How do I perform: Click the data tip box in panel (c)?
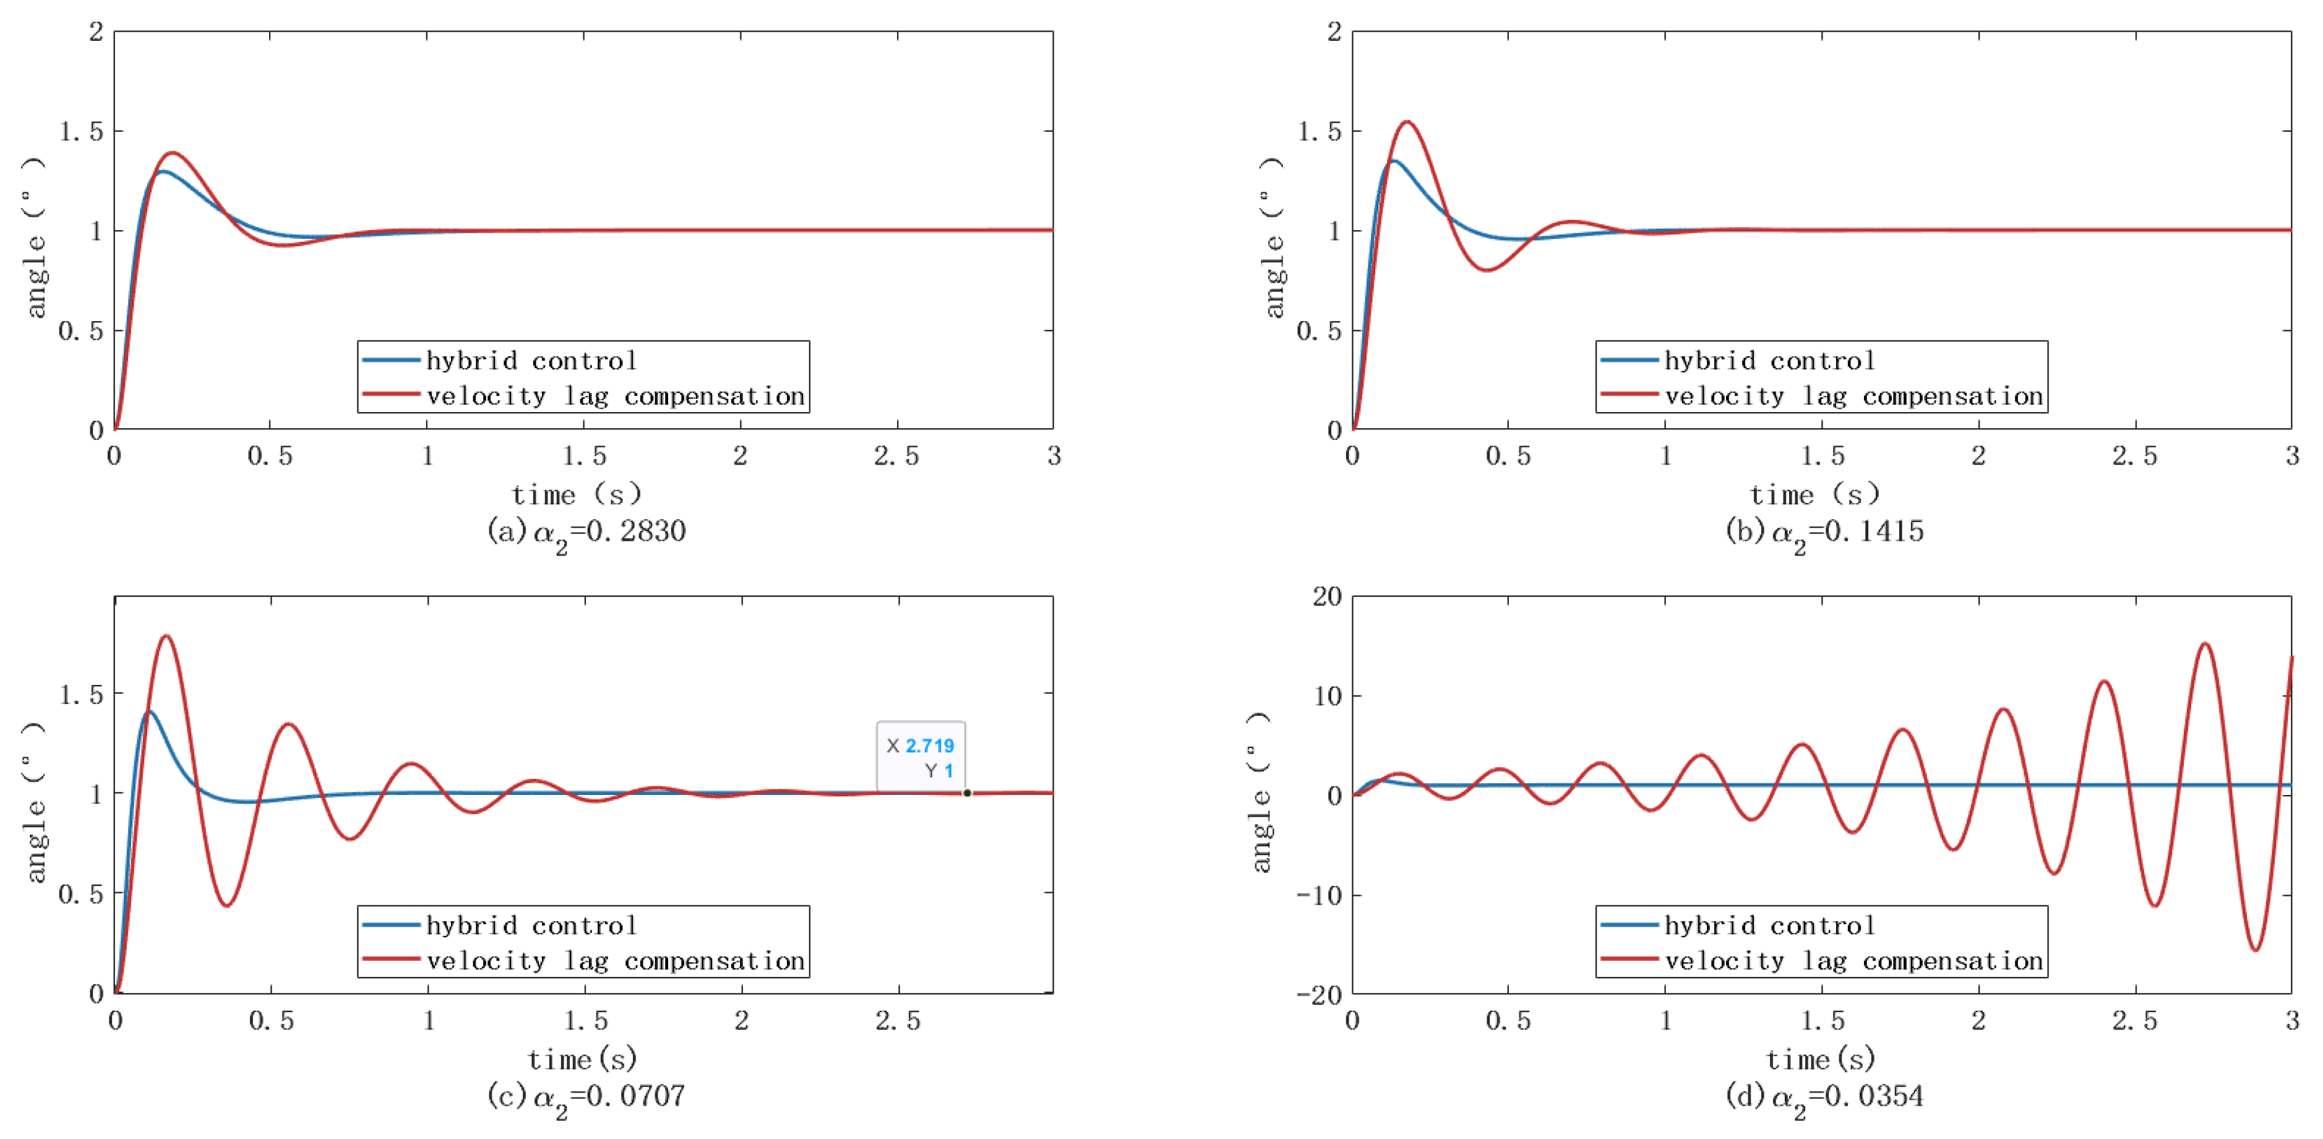pyautogui.click(x=921, y=757)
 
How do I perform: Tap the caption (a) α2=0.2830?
pyautogui.click(x=586, y=532)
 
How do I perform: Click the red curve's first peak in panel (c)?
pyautogui.click(x=166, y=637)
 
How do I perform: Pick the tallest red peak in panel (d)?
pyautogui.click(x=2205, y=644)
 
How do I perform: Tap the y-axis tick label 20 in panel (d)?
pyautogui.click(x=1326, y=597)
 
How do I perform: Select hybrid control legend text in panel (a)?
pyautogui.click(x=531, y=361)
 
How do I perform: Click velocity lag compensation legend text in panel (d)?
pyautogui.click(x=1853, y=961)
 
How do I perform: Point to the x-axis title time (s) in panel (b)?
pyautogui.click(x=1814, y=494)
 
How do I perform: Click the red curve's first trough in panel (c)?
pyautogui.click(x=226, y=905)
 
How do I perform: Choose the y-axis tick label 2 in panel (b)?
pyautogui.click(x=1334, y=32)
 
